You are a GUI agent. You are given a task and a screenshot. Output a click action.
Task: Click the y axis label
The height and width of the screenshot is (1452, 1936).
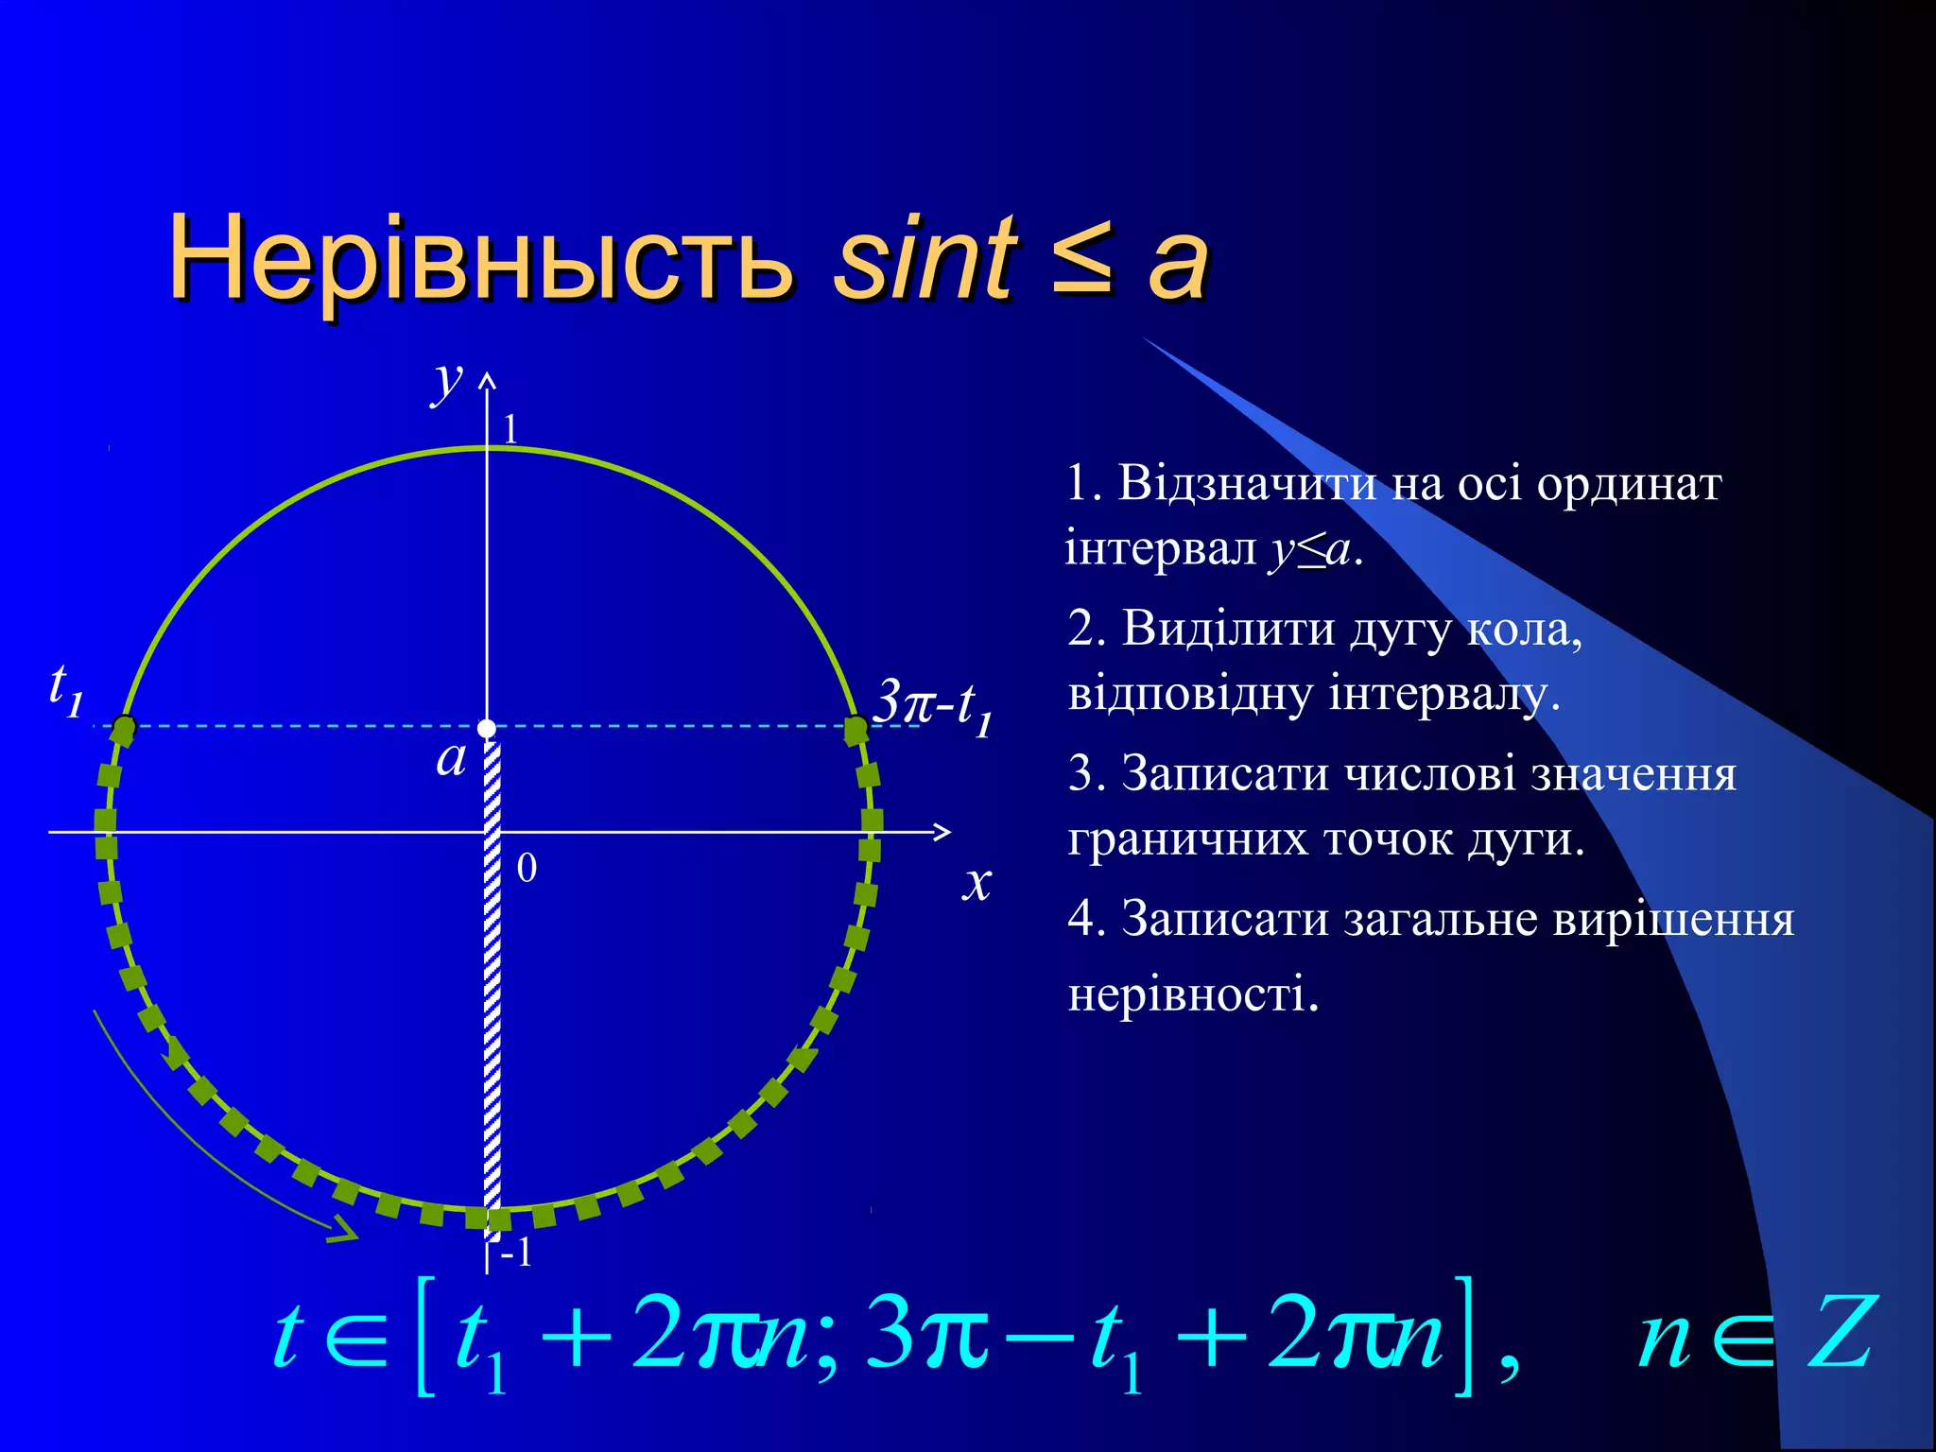click(x=447, y=381)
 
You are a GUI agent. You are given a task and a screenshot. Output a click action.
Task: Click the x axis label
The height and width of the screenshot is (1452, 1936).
click(x=977, y=881)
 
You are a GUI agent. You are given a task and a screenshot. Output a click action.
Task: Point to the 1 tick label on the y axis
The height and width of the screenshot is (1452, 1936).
click(x=510, y=430)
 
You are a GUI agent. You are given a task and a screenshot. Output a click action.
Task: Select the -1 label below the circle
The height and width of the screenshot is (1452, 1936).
click(x=517, y=1253)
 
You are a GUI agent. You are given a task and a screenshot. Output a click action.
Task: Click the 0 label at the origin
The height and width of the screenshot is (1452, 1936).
click(x=527, y=868)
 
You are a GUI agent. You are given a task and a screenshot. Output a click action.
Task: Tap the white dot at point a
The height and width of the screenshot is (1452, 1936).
click(x=487, y=728)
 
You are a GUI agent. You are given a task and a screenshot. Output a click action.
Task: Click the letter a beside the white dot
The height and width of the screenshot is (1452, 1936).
click(x=451, y=758)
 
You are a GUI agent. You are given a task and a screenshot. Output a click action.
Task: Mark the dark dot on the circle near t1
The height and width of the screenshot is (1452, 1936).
click(x=124, y=727)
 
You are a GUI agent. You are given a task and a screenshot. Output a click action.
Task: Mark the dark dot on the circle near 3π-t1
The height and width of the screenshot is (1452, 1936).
click(x=856, y=728)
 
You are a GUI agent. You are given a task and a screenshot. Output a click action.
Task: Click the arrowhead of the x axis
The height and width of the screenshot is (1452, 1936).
click(x=942, y=832)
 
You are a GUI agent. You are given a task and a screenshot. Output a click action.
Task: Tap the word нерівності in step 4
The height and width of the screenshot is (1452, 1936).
click(x=1193, y=994)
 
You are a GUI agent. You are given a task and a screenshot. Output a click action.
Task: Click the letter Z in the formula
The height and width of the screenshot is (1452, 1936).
click(x=1840, y=1333)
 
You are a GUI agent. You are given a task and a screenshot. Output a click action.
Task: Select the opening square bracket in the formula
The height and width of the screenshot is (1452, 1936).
click(x=425, y=1335)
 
